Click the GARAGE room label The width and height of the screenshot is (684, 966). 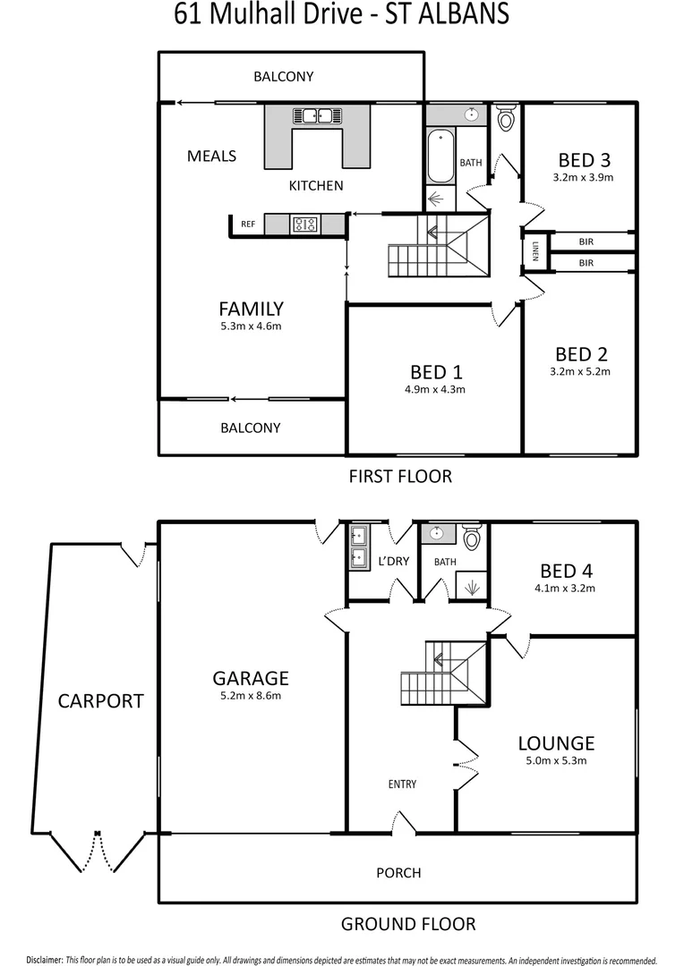click(x=251, y=677)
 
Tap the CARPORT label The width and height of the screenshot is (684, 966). click(x=100, y=700)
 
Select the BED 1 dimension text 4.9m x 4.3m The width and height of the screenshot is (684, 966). click(x=436, y=389)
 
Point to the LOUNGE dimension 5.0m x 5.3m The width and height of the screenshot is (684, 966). click(x=556, y=761)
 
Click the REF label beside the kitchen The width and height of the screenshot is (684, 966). click(x=249, y=225)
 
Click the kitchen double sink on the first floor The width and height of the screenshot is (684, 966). click(x=317, y=115)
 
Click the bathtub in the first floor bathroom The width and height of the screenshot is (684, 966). click(x=440, y=157)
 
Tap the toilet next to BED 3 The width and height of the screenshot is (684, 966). click(x=507, y=117)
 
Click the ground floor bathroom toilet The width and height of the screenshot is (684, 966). click(x=472, y=537)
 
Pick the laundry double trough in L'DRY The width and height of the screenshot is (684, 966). click(x=358, y=547)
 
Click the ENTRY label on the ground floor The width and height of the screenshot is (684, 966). click(x=402, y=784)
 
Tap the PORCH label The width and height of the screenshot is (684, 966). click(x=398, y=872)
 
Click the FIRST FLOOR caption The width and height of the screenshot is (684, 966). click(x=400, y=476)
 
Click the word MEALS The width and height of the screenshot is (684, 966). click(x=211, y=156)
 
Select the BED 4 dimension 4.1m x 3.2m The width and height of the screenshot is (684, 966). click(x=567, y=589)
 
